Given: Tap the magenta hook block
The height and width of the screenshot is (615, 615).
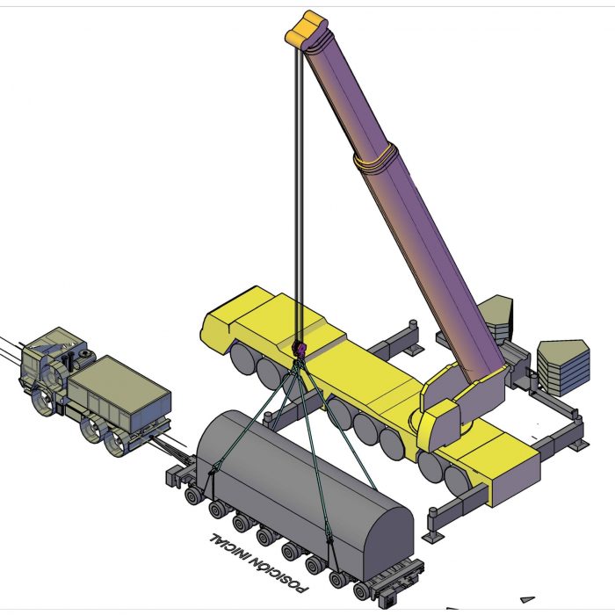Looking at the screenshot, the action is click(x=300, y=350).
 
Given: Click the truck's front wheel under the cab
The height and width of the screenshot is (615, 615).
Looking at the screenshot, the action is click(x=44, y=401).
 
